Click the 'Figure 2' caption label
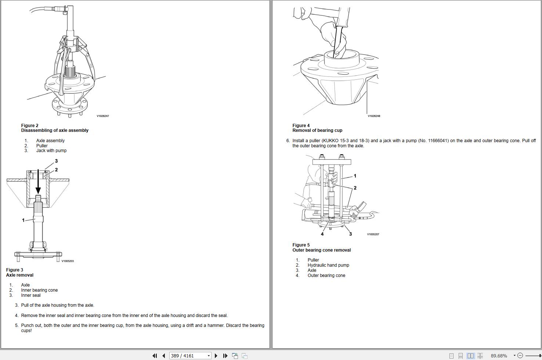point(30,126)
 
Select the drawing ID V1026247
point(103,116)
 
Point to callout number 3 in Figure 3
point(56,161)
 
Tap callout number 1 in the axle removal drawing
point(23,220)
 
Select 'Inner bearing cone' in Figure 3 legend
point(39,290)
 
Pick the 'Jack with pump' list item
point(51,151)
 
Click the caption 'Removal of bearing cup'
point(317,130)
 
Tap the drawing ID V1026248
point(374,116)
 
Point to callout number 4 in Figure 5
point(322,234)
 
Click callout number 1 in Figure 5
point(355,176)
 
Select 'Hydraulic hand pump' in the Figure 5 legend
point(328,265)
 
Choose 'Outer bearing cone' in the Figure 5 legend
point(326,276)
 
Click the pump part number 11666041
point(437,141)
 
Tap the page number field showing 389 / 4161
point(187,356)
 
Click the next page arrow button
point(216,356)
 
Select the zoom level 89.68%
point(499,356)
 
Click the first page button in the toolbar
point(155,356)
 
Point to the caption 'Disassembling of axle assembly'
point(55,130)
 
